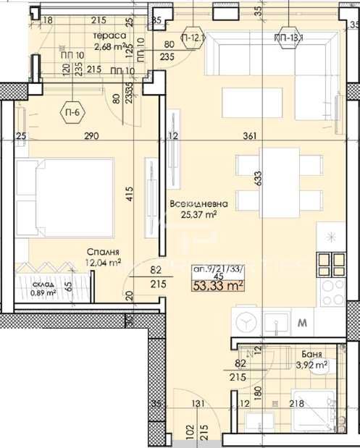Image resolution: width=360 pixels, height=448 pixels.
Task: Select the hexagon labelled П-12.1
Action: tap(193, 36)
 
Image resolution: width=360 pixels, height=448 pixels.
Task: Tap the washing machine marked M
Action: tap(301, 320)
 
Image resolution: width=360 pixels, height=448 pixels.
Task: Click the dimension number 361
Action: tap(250, 135)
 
